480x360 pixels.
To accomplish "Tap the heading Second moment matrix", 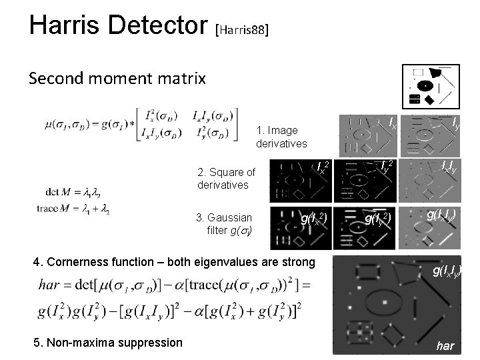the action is click(x=117, y=79).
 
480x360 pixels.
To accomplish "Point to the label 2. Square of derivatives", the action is click(x=226, y=178).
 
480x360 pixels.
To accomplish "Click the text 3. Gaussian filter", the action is click(x=225, y=223).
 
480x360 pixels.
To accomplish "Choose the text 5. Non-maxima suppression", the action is click(x=107, y=343).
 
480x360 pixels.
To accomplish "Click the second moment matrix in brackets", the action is click(x=187, y=123).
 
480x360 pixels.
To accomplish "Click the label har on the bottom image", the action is click(x=445, y=346).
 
